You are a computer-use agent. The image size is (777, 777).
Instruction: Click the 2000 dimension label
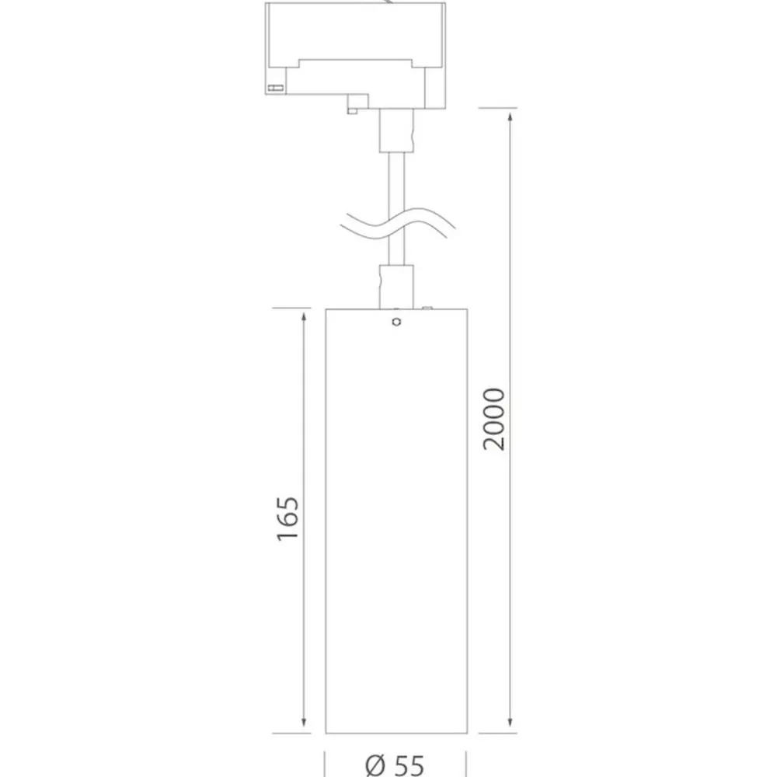pos(494,420)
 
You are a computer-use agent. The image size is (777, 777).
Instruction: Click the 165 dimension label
pos(288,517)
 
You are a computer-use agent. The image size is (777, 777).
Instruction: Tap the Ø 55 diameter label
pos(395,765)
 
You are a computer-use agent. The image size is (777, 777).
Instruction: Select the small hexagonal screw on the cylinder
pos(396,322)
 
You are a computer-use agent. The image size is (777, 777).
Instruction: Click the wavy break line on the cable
pos(397,224)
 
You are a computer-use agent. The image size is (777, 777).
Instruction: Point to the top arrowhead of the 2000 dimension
pos(510,118)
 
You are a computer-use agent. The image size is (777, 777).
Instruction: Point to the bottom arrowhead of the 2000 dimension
pos(510,721)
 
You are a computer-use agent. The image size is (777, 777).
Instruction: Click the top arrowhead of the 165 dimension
pos(304,319)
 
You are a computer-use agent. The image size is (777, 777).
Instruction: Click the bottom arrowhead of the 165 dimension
pos(304,721)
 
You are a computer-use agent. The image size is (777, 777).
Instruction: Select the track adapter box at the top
pos(355,54)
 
